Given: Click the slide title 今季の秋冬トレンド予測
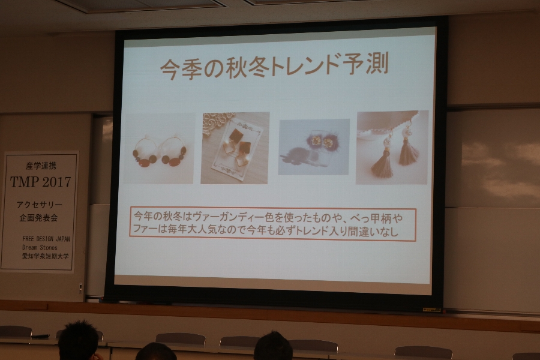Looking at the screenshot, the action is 274,66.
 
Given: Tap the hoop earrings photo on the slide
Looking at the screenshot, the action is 158,148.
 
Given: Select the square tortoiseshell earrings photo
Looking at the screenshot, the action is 235,148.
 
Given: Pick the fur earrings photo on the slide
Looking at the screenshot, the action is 314,147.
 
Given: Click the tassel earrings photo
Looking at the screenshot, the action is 392,148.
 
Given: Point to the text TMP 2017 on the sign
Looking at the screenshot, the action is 40,182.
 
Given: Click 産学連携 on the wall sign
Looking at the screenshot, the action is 41,166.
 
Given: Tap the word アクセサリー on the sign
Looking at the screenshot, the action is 40,205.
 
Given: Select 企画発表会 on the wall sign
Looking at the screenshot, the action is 38,218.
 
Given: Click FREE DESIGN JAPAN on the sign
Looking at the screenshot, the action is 46,239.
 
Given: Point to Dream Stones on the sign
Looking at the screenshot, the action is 40,247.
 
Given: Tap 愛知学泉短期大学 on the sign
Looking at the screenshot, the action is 46,256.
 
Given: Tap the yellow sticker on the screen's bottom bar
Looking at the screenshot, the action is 432,310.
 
